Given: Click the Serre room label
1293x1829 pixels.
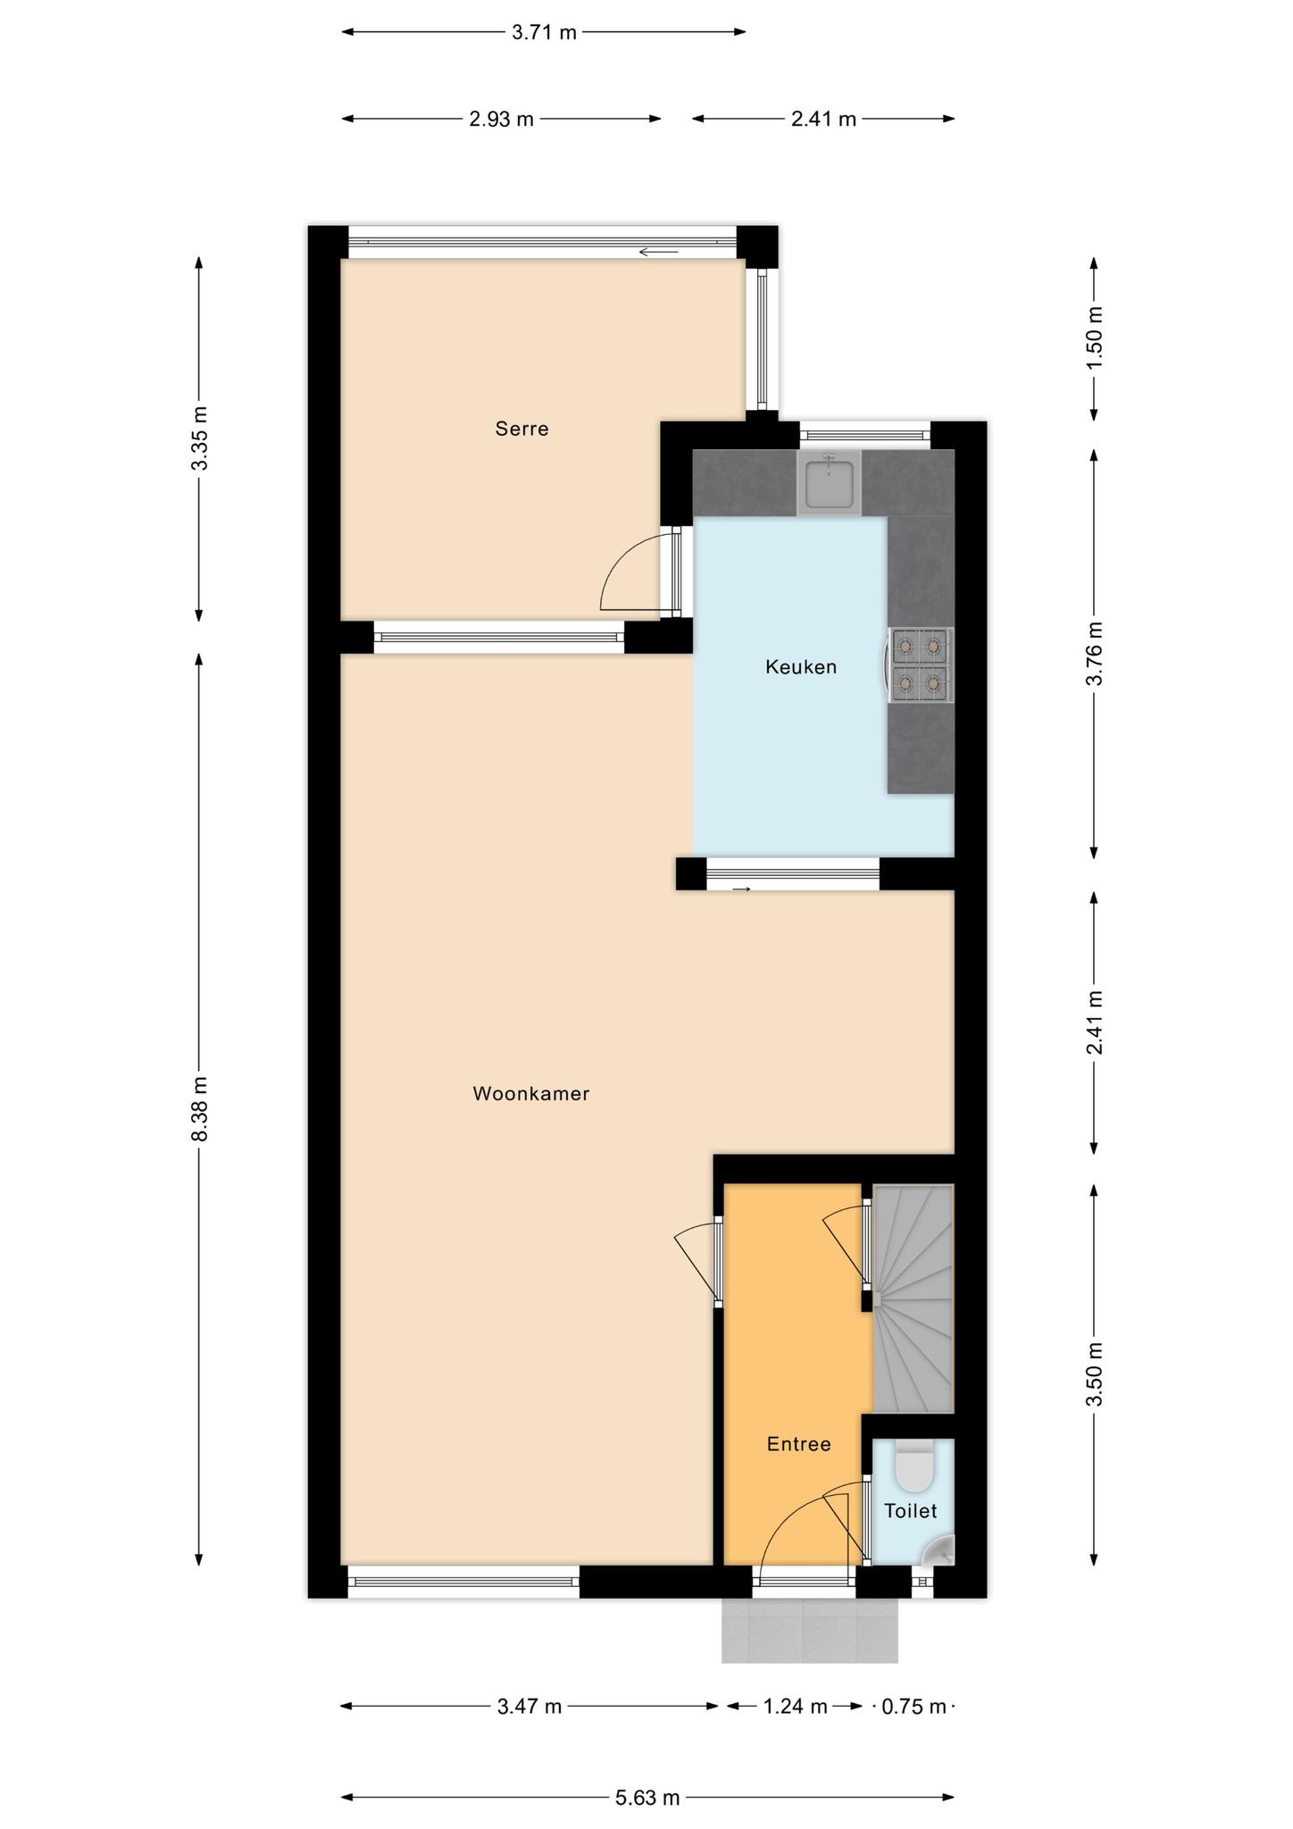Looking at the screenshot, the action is click(x=521, y=429).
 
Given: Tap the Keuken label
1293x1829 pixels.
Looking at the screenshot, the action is click(x=801, y=666).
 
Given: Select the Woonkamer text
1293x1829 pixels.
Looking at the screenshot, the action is click(x=531, y=1093).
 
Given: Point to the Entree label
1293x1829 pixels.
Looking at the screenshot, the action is click(x=798, y=1444).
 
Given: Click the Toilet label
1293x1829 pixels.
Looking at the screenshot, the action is click(x=911, y=1510).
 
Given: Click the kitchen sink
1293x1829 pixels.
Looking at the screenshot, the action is click(x=830, y=482).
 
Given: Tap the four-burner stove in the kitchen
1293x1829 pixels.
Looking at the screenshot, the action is click(x=919, y=664).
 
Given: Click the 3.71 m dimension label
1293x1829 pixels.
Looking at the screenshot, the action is click(x=544, y=33).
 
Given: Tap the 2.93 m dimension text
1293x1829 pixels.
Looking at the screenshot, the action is click(x=501, y=119).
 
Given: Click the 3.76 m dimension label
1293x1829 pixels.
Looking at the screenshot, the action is click(x=1095, y=653).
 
